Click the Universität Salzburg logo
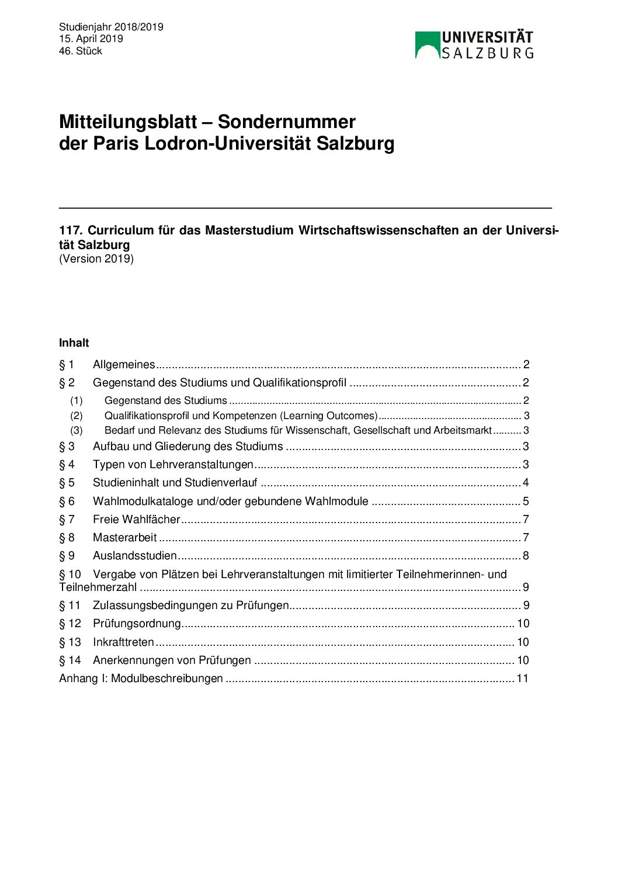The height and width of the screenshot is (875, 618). click(x=474, y=45)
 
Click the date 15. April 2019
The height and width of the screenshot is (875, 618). click(x=91, y=39)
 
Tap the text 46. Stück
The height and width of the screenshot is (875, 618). click(x=81, y=51)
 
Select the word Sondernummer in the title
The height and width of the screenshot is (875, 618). click(x=286, y=122)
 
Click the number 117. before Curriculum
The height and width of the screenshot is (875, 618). click(x=71, y=230)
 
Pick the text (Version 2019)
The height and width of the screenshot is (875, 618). click(x=96, y=258)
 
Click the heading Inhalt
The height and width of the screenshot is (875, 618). click(x=74, y=343)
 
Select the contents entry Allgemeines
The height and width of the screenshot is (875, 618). click(x=124, y=365)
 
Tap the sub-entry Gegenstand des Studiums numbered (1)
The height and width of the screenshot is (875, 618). click(x=165, y=400)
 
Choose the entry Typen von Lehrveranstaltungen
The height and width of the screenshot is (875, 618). click(x=173, y=465)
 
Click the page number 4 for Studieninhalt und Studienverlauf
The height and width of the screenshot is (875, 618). click(x=526, y=483)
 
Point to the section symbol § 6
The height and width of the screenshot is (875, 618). click(x=67, y=502)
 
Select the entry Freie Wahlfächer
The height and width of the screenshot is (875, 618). click(x=136, y=520)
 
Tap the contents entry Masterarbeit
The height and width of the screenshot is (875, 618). click(x=124, y=538)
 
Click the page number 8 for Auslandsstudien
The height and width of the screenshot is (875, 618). click(x=526, y=556)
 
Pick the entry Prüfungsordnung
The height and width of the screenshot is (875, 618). click(x=137, y=624)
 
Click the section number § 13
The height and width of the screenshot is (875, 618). click(x=70, y=642)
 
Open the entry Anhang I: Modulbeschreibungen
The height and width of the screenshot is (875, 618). click(x=141, y=679)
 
